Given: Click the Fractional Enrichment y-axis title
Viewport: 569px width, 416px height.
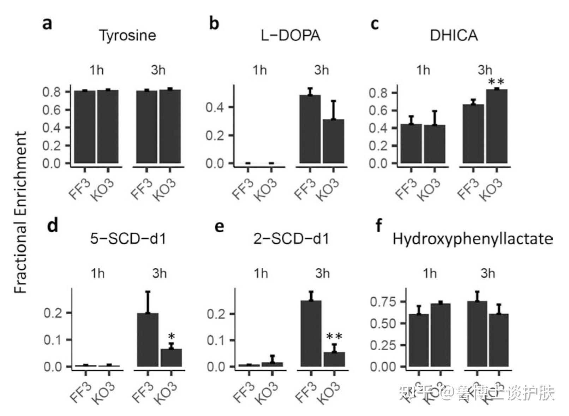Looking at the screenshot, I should pos(20,212).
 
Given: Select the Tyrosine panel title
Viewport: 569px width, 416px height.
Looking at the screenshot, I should pos(127,35).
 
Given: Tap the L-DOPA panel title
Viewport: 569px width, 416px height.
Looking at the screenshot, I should pos(291,35).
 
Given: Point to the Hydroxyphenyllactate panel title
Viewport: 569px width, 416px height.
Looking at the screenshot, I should pos(472,239).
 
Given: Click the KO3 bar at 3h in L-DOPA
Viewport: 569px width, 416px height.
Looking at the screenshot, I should pos(334,141).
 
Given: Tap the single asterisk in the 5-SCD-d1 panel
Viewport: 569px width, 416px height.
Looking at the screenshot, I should pos(172,337).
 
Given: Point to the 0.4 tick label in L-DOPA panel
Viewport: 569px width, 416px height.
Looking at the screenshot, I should pos(215,107).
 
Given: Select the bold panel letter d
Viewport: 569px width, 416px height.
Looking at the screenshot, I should pos(53,225).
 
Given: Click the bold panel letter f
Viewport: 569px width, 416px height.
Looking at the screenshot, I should pos(379,225).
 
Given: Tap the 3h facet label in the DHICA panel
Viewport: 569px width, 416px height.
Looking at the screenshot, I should pos(485,70).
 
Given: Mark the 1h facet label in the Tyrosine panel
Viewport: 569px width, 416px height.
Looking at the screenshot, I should pos(96,70).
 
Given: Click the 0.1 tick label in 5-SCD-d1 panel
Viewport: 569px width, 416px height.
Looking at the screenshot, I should pos(52,340).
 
